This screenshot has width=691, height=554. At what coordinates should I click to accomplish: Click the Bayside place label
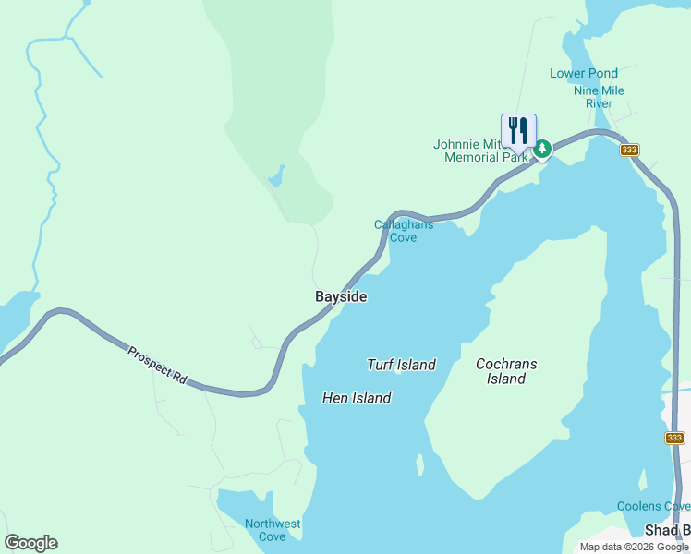tap(341, 296)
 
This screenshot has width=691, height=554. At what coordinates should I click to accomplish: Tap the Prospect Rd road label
tap(157, 366)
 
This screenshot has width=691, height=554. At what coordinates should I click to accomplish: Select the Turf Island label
tap(401, 365)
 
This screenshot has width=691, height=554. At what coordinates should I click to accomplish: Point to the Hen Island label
tap(356, 398)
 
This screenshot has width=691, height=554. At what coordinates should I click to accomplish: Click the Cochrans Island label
tap(506, 371)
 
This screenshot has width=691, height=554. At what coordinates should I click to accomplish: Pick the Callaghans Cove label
tap(403, 231)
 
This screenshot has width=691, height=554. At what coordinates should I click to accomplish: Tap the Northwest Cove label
tap(272, 530)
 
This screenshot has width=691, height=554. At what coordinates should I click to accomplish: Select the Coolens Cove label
tap(653, 506)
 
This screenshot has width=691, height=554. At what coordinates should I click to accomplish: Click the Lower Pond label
tap(584, 73)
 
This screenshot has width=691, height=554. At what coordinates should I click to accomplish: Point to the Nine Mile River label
tap(599, 97)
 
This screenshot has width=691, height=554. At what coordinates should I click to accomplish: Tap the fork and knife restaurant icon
tap(518, 130)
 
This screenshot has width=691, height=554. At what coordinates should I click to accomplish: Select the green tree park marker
tap(543, 148)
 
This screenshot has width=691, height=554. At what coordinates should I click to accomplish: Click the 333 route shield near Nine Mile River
tap(630, 150)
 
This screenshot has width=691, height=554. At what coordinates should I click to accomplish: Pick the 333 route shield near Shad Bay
tap(674, 438)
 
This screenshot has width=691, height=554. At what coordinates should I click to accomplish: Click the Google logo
tap(30, 543)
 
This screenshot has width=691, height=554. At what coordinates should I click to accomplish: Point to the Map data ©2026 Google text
tap(634, 547)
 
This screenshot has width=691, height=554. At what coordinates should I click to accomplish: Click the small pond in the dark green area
tap(276, 175)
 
